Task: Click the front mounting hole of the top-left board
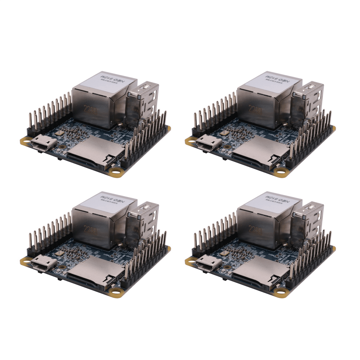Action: (115, 172)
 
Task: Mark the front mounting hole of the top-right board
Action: (280, 172)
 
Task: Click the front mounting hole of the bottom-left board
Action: (115, 292)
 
